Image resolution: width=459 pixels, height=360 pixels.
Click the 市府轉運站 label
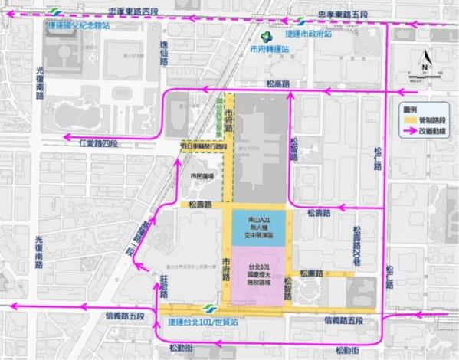[x=267, y=47]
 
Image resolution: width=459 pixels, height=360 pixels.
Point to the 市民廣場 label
[x=202, y=176]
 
